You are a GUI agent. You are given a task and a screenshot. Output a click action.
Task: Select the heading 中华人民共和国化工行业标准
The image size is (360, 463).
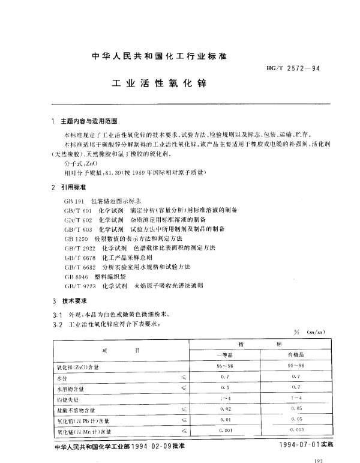159,56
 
